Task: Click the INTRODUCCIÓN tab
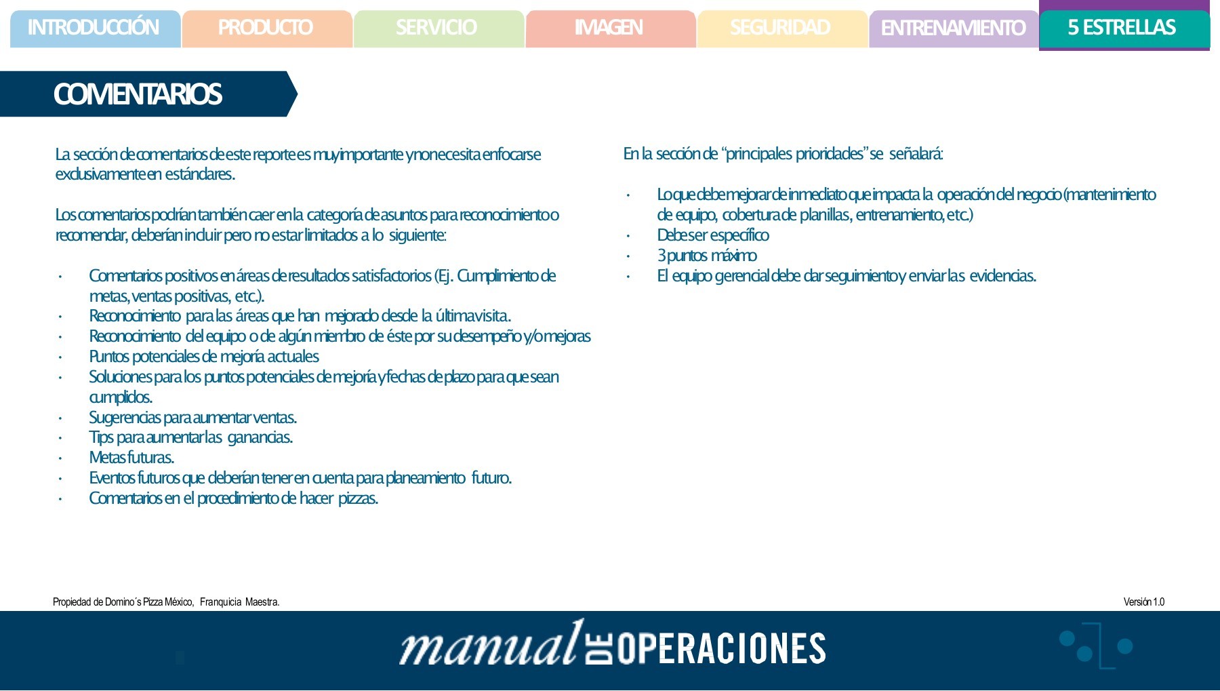pos(94,28)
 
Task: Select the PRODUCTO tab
pos(266,28)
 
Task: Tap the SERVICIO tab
pos(436,28)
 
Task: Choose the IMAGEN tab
pos(609,28)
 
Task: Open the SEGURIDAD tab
pos(780,28)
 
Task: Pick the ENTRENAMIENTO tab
pos(953,28)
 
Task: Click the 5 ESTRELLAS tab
pos(1122,28)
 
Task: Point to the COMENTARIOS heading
pos(138,94)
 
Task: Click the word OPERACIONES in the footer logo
pos(722,649)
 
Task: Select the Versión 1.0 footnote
pos(1143,602)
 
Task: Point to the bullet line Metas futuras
pos(131,458)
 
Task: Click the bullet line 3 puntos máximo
pos(707,256)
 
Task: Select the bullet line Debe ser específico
pos(713,235)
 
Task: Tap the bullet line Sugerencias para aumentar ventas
pos(193,418)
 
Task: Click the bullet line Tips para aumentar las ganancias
pos(191,437)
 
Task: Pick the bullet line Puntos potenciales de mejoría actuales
pos(204,357)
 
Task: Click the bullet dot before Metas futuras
pos(60,458)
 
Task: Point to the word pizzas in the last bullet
pos(358,498)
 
